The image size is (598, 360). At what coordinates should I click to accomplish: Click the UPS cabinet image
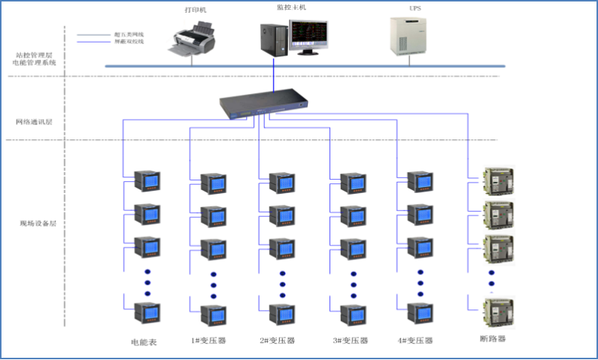click(x=407, y=34)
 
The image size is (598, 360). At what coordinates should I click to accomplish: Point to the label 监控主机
click(x=291, y=7)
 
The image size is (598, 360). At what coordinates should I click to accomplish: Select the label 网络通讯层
click(x=34, y=121)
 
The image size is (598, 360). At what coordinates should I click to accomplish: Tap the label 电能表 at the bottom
click(x=143, y=341)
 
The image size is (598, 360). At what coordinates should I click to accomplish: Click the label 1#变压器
click(x=209, y=341)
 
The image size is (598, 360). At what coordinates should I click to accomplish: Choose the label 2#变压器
click(x=277, y=341)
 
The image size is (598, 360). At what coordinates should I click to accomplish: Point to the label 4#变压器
click(x=416, y=341)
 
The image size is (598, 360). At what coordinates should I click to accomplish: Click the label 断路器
click(x=494, y=339)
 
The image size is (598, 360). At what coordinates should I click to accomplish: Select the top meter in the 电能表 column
click(x=147, y=181)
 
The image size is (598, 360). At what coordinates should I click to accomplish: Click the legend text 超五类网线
click(x=128, y=34)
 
